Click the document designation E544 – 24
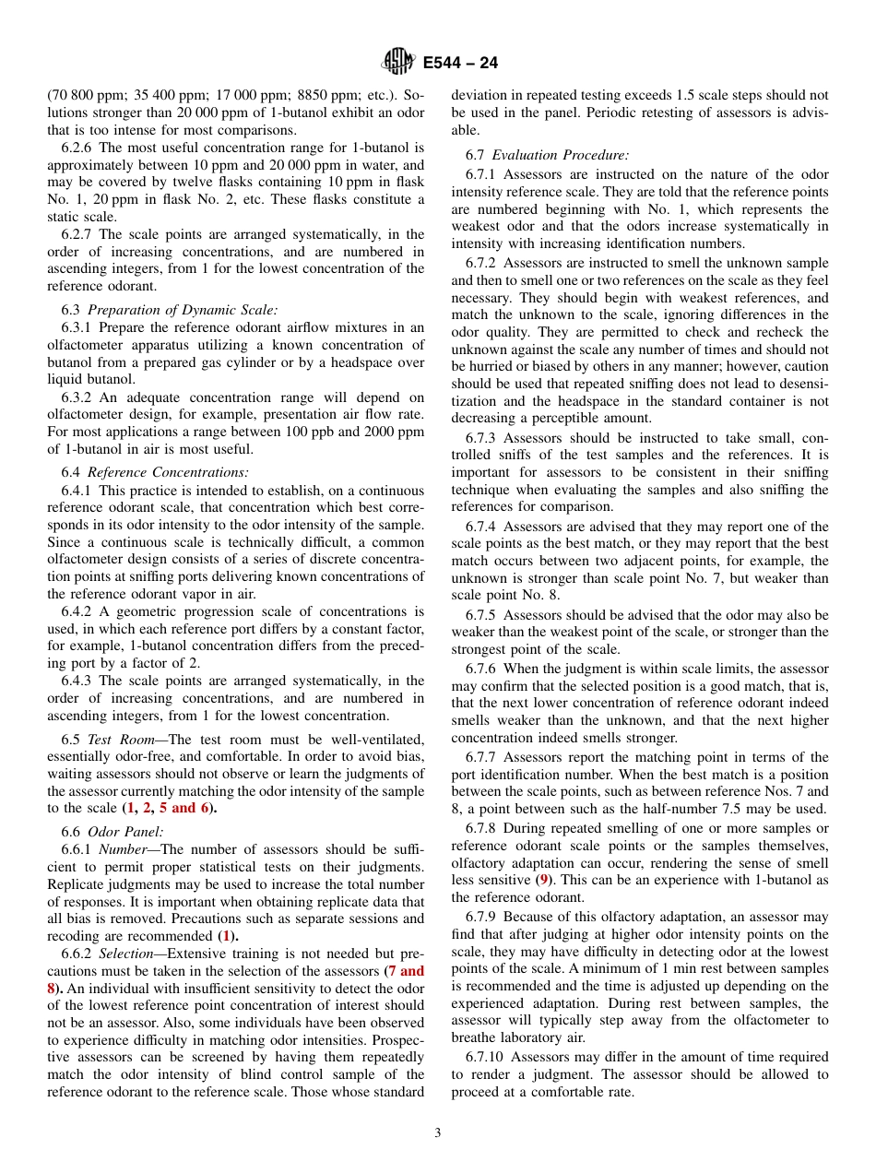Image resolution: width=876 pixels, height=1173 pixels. point(460,63)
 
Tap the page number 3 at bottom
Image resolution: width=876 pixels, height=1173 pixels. point(438,1133)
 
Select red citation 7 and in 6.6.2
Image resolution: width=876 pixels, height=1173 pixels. point(406,971)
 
